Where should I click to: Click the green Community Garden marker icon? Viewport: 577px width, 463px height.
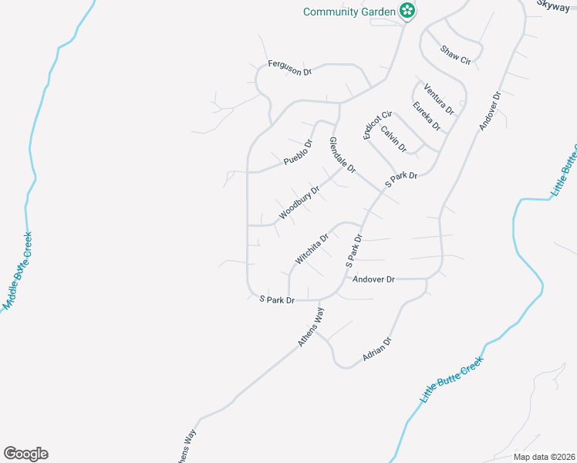click(407, 11)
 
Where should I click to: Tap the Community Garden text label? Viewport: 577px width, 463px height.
click(349, 12)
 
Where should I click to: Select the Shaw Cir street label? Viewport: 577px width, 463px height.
click(455, 55)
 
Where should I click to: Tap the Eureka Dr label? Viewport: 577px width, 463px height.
click(426, 116)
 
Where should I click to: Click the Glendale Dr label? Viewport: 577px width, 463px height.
click(342, 154)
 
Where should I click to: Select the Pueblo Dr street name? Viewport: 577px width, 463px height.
click(298, 152)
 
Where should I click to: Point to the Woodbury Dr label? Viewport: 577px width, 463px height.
click(300, 201)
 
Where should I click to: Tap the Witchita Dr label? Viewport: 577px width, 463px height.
click(312, 248)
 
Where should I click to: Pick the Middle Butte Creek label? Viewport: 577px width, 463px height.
click(18, 271)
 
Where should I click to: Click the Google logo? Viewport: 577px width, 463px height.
click(26, 454)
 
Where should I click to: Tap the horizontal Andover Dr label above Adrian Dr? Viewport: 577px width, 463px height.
click(373, 279)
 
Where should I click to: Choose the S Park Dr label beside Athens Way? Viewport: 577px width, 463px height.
click(277, 299)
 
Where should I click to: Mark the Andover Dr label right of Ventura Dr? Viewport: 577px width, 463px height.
click(490, 110)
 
